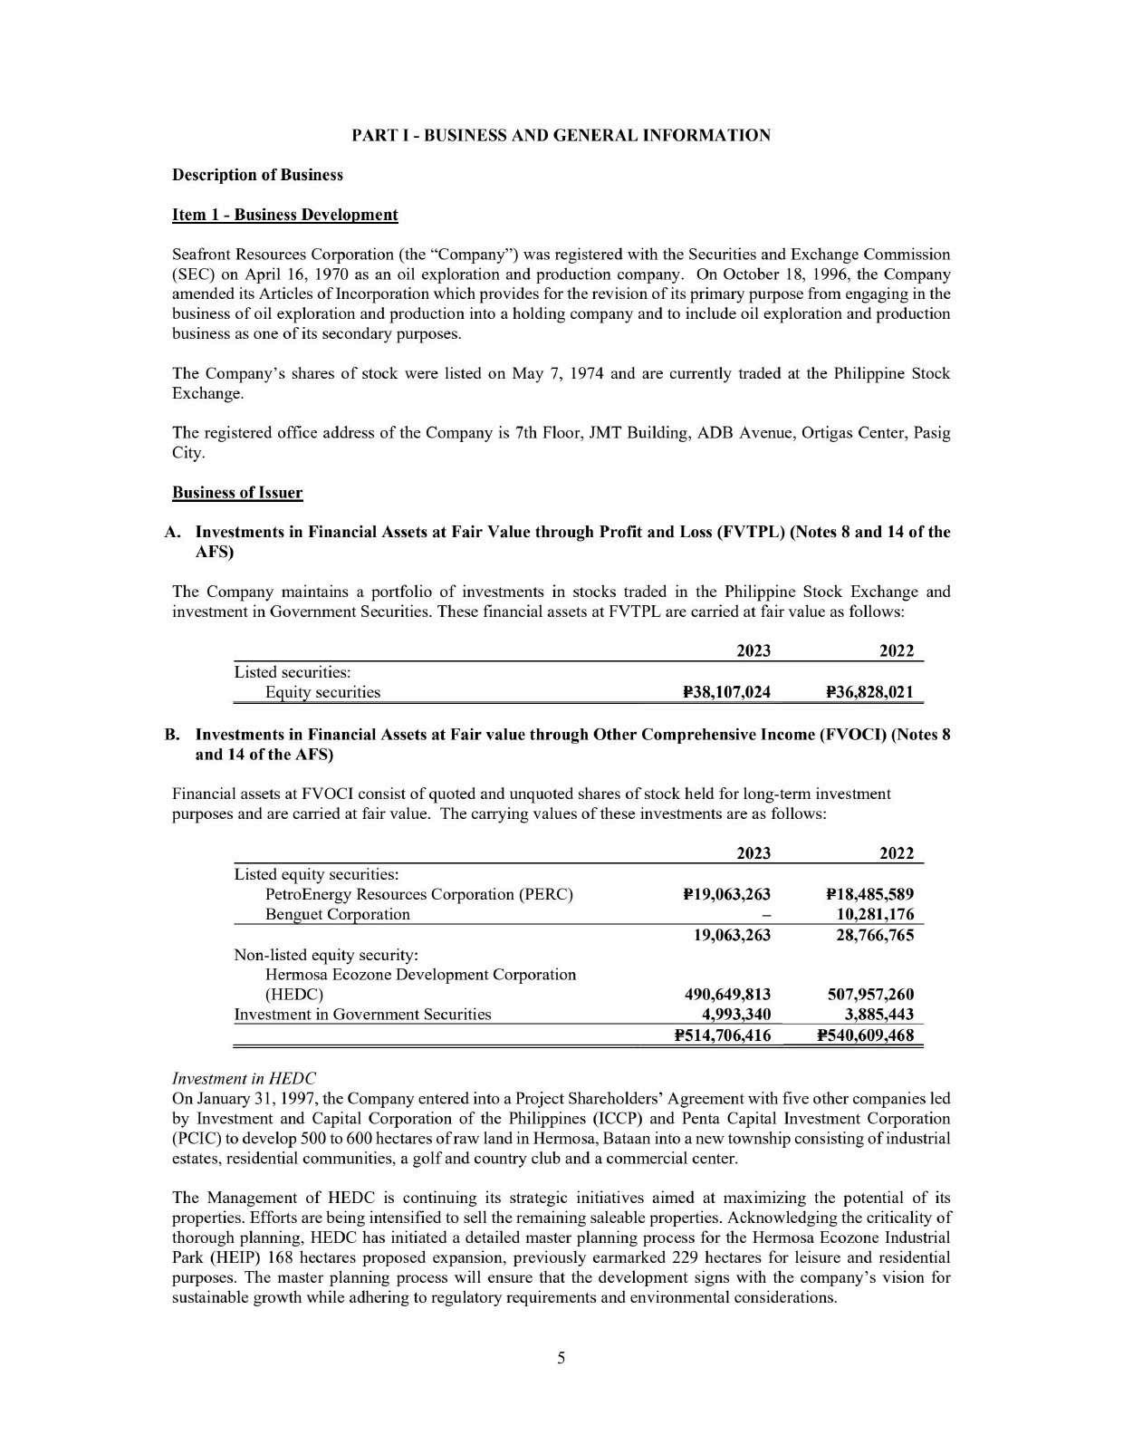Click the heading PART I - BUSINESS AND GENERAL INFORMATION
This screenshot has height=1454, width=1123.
561,136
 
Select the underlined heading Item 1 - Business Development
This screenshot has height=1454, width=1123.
284,215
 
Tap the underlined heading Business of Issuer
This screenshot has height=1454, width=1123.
237,493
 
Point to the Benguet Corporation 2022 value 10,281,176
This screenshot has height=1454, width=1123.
874,914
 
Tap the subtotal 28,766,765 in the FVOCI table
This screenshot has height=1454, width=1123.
874,935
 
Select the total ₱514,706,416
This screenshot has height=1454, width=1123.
723,1035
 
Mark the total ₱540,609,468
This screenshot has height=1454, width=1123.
865,1035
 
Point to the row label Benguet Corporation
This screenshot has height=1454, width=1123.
337,914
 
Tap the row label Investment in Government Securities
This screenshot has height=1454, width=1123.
362,1015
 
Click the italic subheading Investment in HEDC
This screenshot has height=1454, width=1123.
244,1078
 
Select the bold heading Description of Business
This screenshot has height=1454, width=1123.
257,175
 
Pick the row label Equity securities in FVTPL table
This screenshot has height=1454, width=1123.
322,693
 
